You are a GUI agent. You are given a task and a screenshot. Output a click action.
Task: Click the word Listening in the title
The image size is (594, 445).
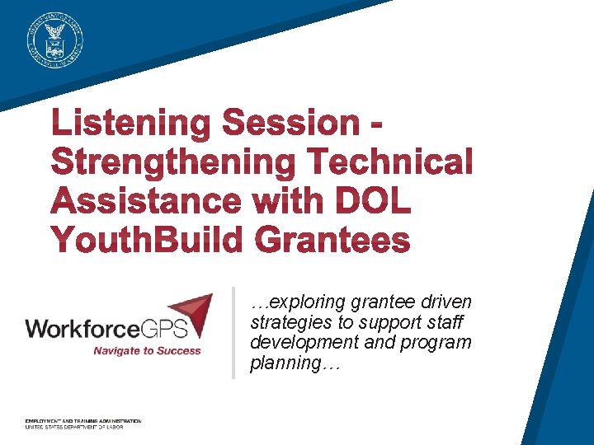[x=131, y=124]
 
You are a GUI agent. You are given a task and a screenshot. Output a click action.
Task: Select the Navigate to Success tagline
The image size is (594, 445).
[x=147, y=351]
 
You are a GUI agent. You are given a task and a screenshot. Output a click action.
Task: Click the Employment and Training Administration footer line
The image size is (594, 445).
[x=82, y=421]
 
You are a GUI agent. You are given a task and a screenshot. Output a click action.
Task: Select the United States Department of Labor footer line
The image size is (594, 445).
[x=74, y=428]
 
